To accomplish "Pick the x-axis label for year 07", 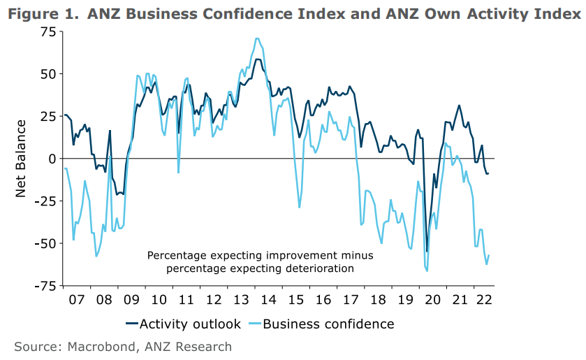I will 77,298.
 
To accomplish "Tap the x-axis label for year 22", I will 482,298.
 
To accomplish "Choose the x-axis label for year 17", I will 349,298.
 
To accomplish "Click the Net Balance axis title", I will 20,158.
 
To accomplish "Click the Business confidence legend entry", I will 328,324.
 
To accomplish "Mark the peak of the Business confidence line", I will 258,38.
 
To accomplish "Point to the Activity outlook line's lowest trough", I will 427,252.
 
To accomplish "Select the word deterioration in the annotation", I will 318,268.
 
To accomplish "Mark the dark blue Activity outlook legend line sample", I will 132,324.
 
